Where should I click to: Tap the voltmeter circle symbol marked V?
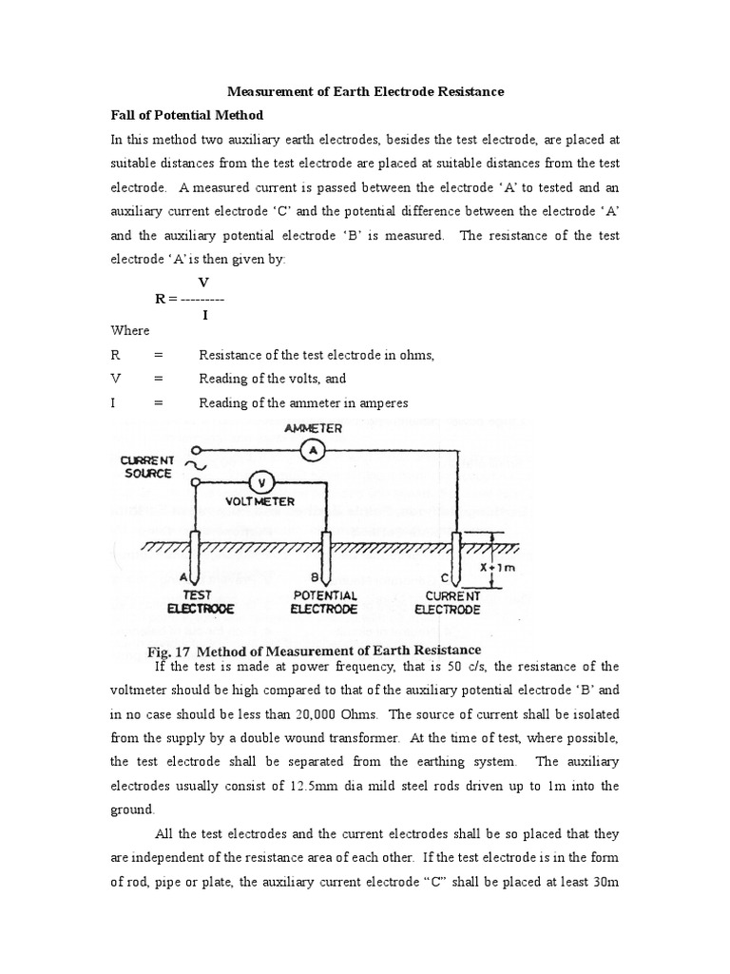[256, 481]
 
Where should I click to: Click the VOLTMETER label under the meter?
[259, 501]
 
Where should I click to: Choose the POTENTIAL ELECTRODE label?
[324, 602]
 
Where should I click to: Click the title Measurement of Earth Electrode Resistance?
[365, 92]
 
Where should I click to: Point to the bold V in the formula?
[202, 282]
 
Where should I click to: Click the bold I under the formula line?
[204, 315]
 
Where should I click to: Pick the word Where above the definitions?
[130, 330]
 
